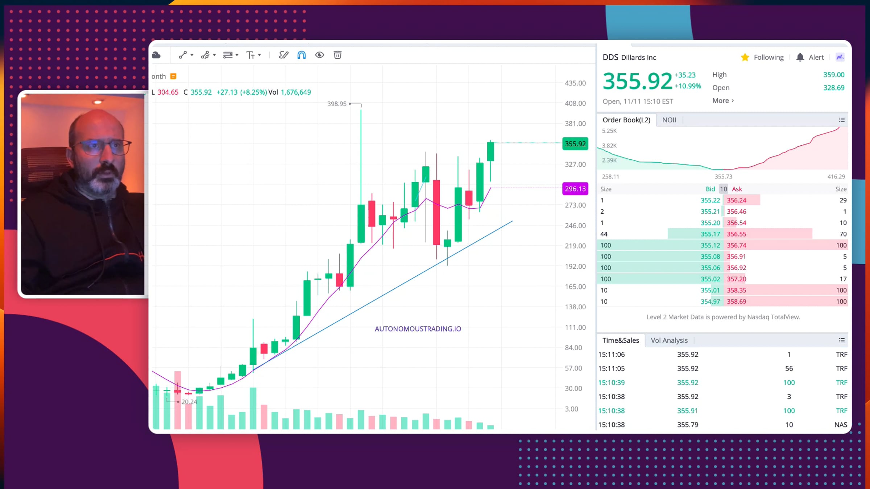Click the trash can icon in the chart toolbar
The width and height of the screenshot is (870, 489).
point(337,55)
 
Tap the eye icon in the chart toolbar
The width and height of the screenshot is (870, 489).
point(319,55)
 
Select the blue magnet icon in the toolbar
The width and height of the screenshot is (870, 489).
point(301,55)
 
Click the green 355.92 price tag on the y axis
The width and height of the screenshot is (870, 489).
point(575,144)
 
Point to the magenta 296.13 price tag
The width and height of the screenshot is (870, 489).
point(575,189)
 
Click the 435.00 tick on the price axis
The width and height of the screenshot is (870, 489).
point(575,83)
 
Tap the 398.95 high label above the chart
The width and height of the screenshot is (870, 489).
point(337,104)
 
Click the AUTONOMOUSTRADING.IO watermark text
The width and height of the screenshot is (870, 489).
point(418,329)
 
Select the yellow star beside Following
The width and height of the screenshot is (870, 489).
point(745,57)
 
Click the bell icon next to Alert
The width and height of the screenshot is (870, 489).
point(800,57)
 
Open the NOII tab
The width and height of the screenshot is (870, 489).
point(669,120)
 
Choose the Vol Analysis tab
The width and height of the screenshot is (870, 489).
point(669,340)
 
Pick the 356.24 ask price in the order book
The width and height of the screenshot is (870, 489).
point(736,200)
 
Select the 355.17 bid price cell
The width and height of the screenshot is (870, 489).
point(710,234)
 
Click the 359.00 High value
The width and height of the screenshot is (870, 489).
point(833,75)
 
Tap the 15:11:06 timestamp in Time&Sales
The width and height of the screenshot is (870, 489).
point(611,355)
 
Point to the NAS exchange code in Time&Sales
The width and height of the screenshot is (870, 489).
point(840,425)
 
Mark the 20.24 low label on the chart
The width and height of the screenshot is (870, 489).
point(189,402)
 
